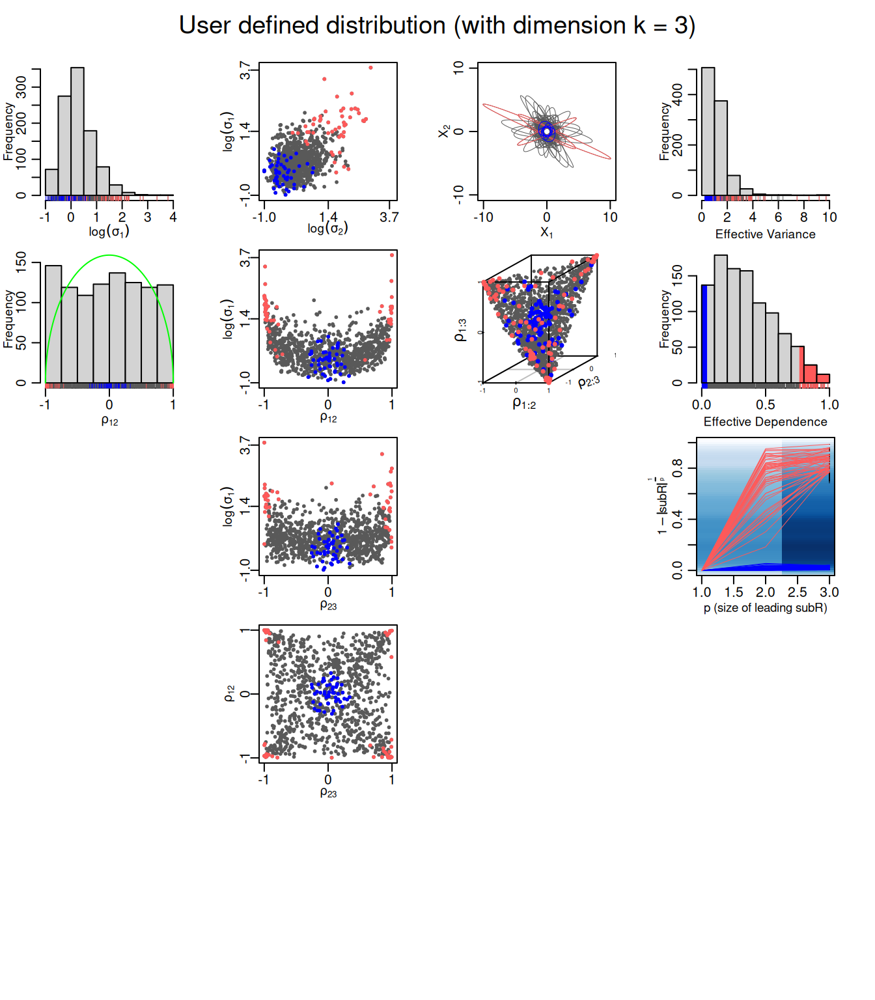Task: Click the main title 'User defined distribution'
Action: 437,26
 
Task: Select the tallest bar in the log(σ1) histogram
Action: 77,130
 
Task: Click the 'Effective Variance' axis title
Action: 765,234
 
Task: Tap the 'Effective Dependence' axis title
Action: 765,422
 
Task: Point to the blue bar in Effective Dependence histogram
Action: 704,333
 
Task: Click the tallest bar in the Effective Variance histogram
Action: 708,130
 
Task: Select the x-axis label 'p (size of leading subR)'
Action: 765,608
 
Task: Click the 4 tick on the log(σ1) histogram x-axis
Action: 173,217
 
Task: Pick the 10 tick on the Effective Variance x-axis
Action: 829,217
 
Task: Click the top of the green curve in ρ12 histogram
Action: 109,255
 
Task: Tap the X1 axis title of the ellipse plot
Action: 546,232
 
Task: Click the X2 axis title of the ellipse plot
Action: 444,131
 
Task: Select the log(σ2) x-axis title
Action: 327,229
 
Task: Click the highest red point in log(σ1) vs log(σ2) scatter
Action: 370,68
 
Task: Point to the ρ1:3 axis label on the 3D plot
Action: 460,330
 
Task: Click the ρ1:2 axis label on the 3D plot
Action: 524,404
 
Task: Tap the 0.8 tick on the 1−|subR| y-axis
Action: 678,467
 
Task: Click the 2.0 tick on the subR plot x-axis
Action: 765,592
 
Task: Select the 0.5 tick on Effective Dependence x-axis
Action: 765,405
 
